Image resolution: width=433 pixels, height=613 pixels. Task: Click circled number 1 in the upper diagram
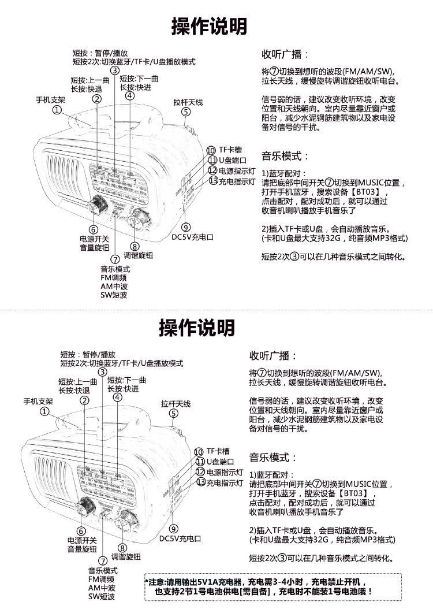[57, 110]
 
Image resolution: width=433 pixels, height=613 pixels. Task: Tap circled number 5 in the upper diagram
[185, 112]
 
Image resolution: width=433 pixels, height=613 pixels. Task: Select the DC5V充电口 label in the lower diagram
[180, 538]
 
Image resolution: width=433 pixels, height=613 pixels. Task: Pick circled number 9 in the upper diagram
[185, 227]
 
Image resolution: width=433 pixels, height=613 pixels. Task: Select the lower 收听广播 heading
[273, 355]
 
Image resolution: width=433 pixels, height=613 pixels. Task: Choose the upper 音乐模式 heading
[286, 156]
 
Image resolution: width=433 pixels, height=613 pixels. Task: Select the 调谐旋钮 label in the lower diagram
[126, 557]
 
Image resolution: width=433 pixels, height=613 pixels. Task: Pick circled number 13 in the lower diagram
[201, 482]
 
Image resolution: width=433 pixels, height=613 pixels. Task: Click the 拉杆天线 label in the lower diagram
[176, 403]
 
